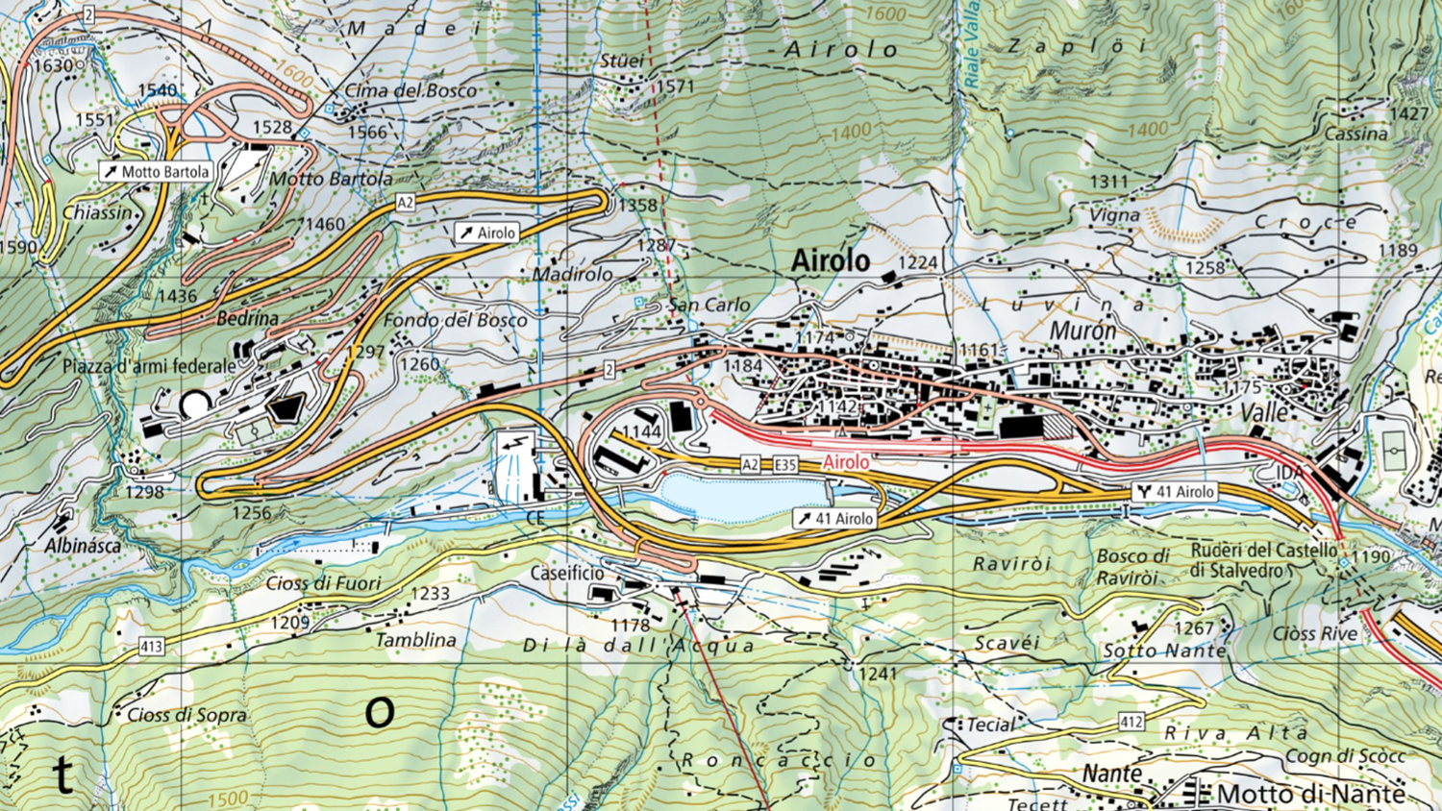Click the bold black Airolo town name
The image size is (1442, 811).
coord(830,260)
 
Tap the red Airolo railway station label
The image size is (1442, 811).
coord(846,462)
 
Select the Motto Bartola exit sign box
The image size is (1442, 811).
coord(156,172)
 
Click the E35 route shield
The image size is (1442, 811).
coord(785,465)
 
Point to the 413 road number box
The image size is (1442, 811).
coord(151,647)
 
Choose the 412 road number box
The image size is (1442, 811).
coord(1131,721)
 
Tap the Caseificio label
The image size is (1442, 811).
coord(567,573)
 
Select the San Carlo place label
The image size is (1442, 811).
coord(709,305)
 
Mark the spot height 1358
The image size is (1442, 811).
coord(637,205)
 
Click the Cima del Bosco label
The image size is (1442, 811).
coord(410,90)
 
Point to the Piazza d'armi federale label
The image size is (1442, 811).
coord(149,366)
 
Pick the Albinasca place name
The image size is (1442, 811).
coord(83,546)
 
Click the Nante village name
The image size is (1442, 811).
coord(1112,774)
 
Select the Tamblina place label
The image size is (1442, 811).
coord(415,640)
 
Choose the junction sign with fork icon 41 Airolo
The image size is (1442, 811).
coord(1174,492)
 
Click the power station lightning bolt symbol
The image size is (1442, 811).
coord(516,444)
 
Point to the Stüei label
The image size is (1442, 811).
coord(621,61)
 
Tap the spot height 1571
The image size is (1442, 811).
coord(675,86)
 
